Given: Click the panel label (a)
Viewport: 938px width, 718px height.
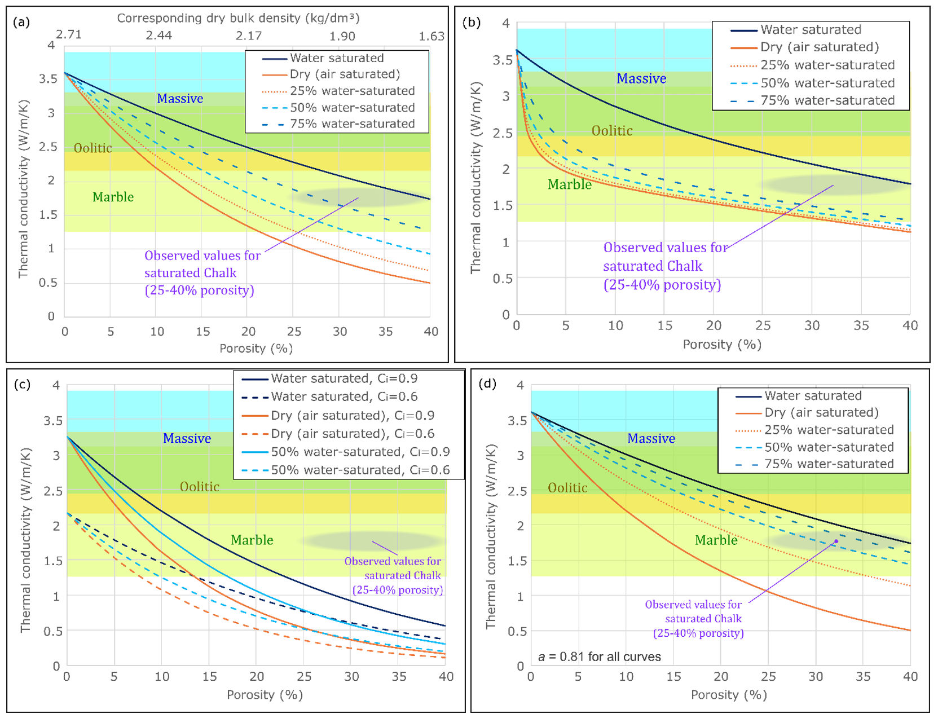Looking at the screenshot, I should tap(21, 22).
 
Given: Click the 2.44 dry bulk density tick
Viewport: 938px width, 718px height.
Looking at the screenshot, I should tap(158, 36).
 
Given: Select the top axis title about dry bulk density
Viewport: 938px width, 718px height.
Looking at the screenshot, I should tap(238, 18).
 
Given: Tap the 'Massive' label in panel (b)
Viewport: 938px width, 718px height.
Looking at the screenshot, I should tap(641, 78).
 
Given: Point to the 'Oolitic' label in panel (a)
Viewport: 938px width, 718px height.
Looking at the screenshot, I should tap(93, 148).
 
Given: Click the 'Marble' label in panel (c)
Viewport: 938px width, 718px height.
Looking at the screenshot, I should tap(252, 540).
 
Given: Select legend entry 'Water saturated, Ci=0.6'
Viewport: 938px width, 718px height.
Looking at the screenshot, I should tap(344, 397).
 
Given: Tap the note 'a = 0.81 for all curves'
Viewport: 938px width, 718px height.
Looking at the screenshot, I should tap(599, 657).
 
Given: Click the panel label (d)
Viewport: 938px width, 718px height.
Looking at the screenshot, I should tap(487, 384).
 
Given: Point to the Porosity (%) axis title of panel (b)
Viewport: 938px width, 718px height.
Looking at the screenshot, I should tap(721, 345).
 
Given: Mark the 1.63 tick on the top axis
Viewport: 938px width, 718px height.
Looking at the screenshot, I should tap(431, 36).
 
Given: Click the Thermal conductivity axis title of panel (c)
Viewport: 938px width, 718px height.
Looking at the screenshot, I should tap(25, 540).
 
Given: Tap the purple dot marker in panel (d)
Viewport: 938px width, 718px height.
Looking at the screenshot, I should tap(836, 541).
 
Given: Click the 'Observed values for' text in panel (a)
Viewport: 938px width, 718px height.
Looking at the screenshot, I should tap(202, 256).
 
